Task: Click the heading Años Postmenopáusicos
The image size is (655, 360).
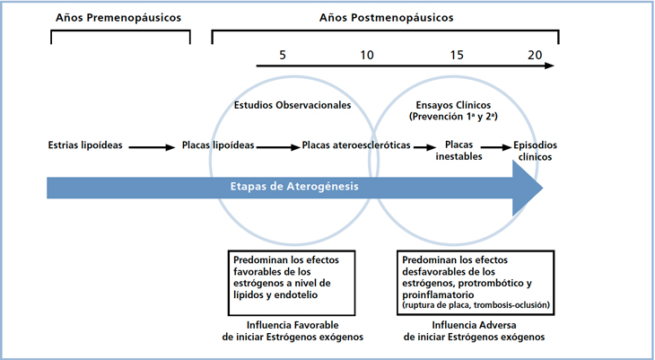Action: [x=387, y=17]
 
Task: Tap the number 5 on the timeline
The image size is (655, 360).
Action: [x=283, y=55]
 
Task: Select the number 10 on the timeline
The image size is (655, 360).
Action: [x=366, y=55]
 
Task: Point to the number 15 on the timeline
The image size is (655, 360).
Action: [x=457, y=55]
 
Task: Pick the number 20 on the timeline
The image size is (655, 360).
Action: [x=535, y=55]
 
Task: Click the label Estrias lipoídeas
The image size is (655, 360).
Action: [x=87, y=145]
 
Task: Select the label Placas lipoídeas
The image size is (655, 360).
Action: [x=218, y=145]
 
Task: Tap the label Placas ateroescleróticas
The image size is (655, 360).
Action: [x=356, y=145]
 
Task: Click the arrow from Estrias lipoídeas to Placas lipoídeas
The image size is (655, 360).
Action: [x=154, y=145]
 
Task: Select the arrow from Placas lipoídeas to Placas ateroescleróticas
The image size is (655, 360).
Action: [x=278, y=145]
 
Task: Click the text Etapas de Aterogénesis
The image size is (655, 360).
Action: [x=293, y=187]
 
